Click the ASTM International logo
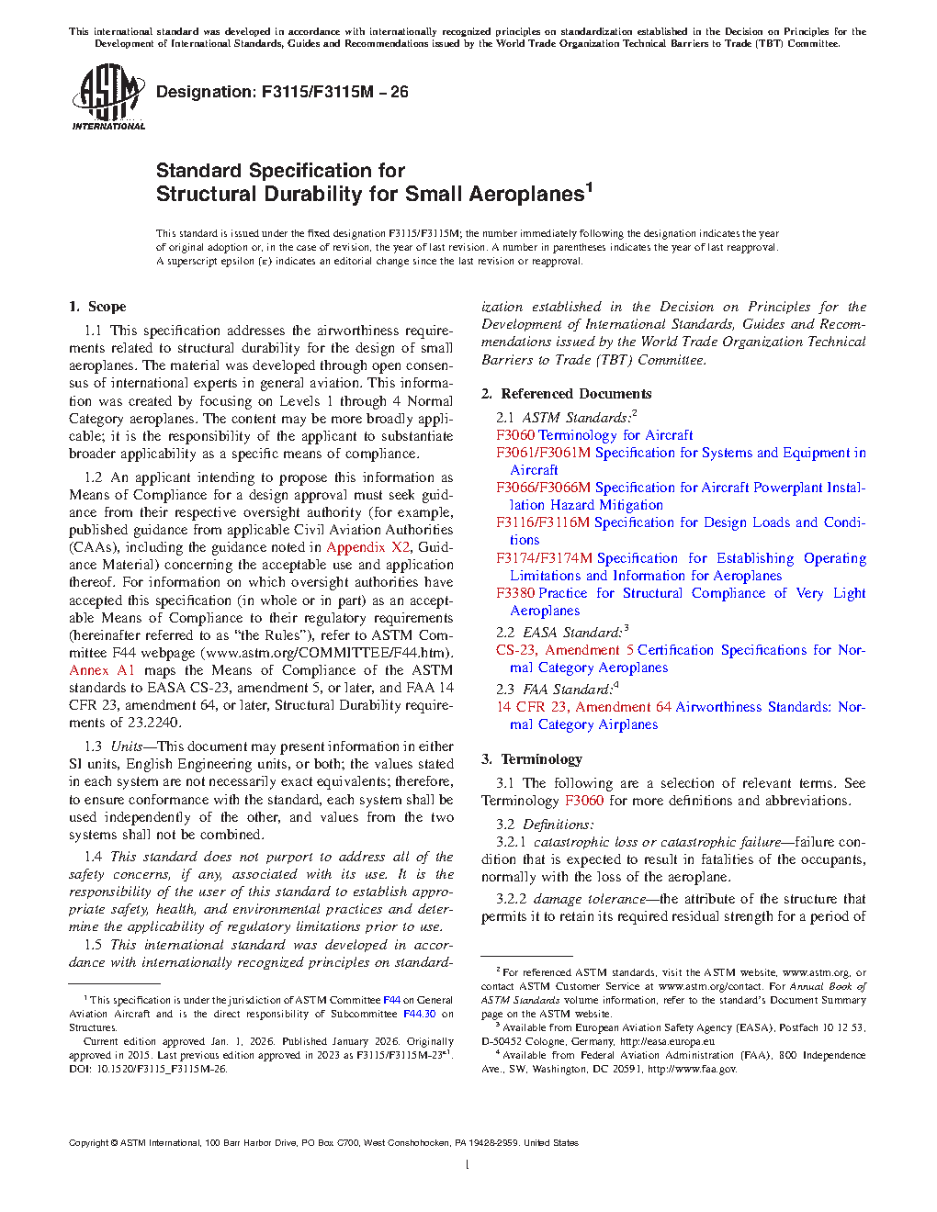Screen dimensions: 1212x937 click(x=107, y=96)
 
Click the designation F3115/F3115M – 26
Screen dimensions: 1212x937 click(x=282, y=92)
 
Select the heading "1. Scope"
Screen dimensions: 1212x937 click(x=97, y=307)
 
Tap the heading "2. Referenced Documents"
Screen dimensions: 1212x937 click(x=566, y=394)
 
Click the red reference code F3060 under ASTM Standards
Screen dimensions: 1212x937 click(x=514, y=435)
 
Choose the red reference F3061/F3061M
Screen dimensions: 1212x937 click(x=543, y=453)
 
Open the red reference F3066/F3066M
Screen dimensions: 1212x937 click(x=543, y=488)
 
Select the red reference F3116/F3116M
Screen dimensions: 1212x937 click(x=543, y=522)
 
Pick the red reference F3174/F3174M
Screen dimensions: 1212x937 click(x=544, y=558)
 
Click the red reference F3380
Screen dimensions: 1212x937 click(x=515, y=593)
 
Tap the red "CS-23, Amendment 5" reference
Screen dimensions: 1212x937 click(x=564, y=650)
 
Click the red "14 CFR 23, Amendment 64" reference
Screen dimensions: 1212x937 click(x=583, y=707)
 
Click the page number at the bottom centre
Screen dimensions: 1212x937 click(x=468, y=1165)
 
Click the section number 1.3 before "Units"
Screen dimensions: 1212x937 click(x=93, y=746)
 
